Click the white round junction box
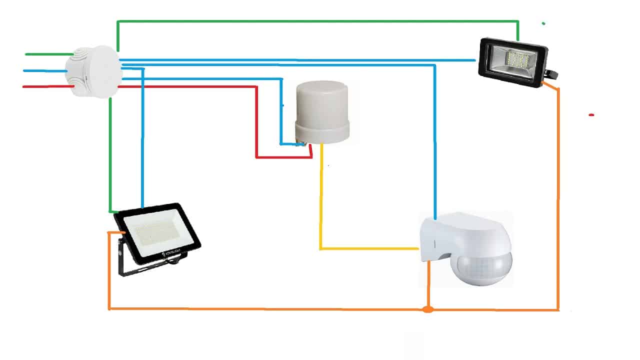[94, 71]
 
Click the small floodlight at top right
[513, 62]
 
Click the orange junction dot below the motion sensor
[427, 309]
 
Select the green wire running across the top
[320, 21]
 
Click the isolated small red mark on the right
[591, 115]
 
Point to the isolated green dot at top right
[543, 23]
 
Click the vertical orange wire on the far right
[558, 200]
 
